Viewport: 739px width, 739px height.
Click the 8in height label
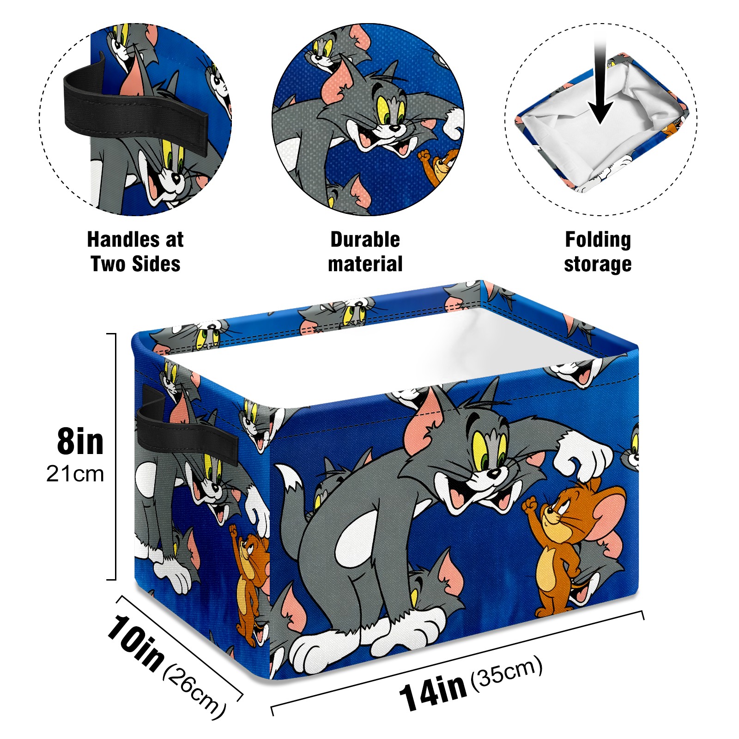(80, 442)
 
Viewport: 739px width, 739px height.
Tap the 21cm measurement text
(75, 474)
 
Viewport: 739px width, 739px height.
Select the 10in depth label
(135, 643)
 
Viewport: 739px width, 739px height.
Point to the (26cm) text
(194, 692)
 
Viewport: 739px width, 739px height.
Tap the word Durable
(365, 239)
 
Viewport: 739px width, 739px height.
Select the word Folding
(598, 240)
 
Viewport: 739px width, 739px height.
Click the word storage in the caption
(598, 265)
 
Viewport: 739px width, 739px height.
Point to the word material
(365, 264)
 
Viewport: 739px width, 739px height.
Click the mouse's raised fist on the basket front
(529, 504)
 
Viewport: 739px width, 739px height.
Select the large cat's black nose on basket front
(493, 472)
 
